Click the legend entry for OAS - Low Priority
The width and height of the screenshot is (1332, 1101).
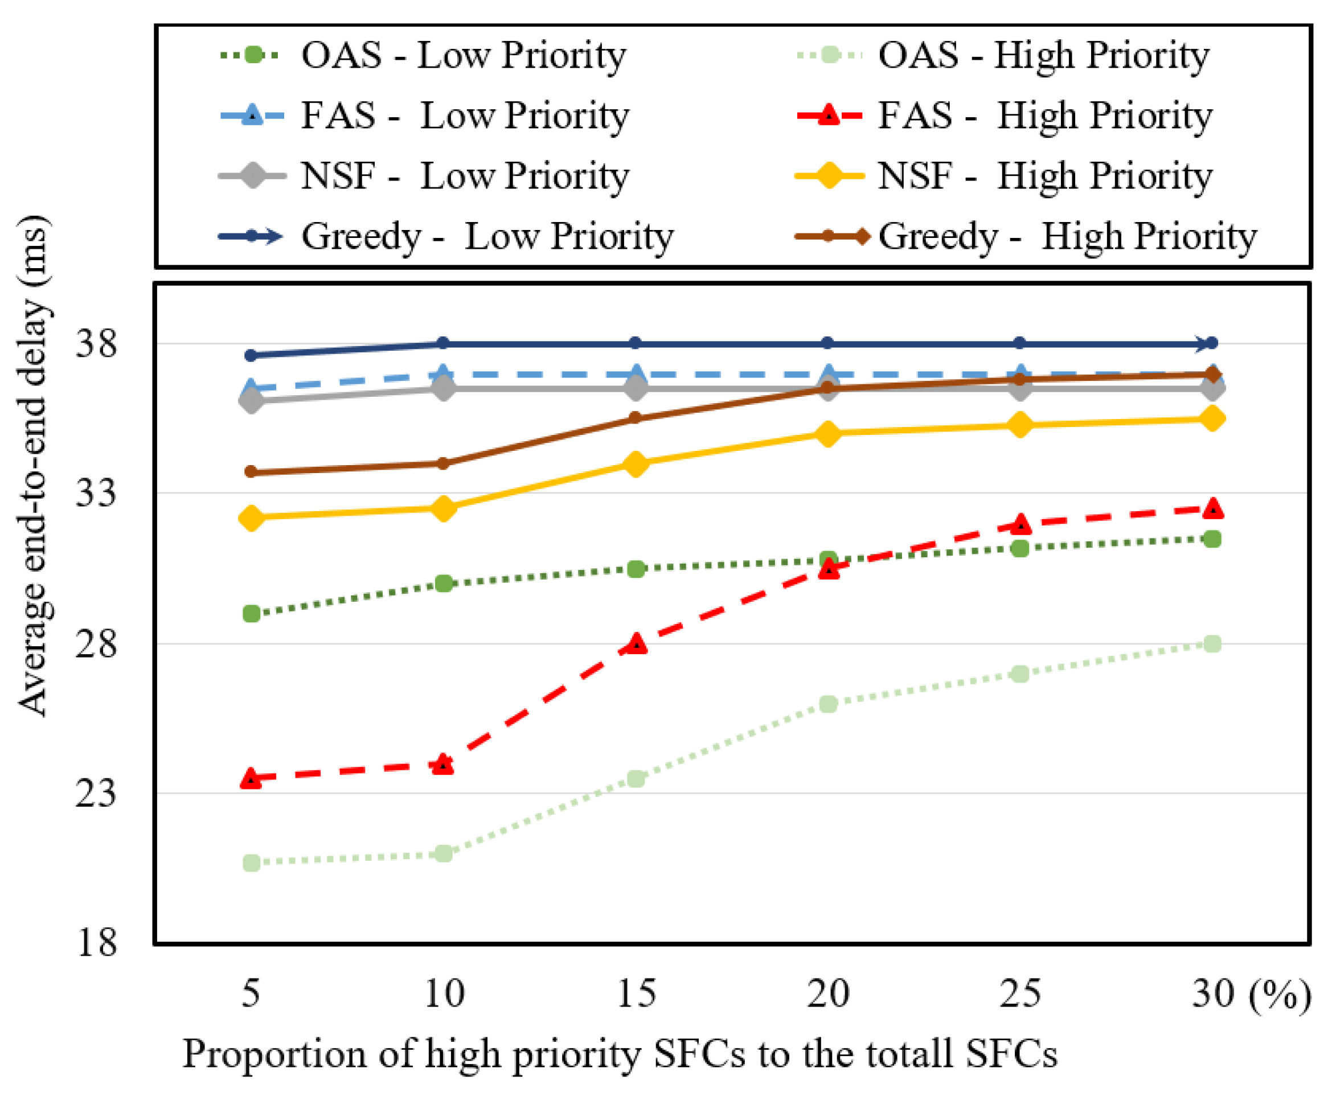click(x=423, y=55)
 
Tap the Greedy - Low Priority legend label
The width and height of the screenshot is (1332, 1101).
click(x=487, y=237)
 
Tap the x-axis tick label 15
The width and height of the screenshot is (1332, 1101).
click(x=636, y=993)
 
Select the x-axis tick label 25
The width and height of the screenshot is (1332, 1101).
click(x=1020, y=993)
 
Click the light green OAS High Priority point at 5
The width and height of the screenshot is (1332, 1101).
click(x=252, y=862)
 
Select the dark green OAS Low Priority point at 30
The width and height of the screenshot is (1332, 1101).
click(x=1212, y=539)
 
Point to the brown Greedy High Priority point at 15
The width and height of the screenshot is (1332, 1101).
click(x=636, y=418)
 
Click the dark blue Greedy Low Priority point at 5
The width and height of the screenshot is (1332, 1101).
click(x=252, y=355)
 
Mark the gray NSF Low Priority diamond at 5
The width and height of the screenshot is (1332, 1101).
click(x=252, y=401)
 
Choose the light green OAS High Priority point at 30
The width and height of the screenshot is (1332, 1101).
click(x=1212, y=644)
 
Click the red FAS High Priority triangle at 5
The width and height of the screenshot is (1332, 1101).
click(x=252, y=778)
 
